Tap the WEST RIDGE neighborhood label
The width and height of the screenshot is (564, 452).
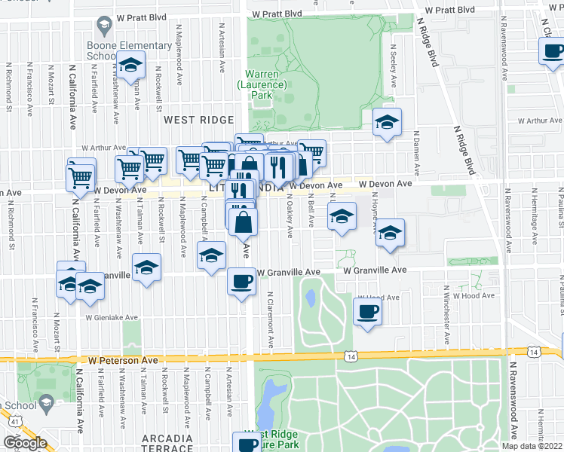point(192,120)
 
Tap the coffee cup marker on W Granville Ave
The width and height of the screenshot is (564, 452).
point(241,282)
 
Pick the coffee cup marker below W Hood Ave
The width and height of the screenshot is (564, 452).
point(367,312)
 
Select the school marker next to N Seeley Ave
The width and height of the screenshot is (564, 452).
point(388,122)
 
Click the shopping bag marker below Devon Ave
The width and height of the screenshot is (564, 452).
point(243,222)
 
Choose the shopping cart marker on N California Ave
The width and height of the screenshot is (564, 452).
point(81,179)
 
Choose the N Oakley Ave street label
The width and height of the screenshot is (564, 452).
point(290,219)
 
